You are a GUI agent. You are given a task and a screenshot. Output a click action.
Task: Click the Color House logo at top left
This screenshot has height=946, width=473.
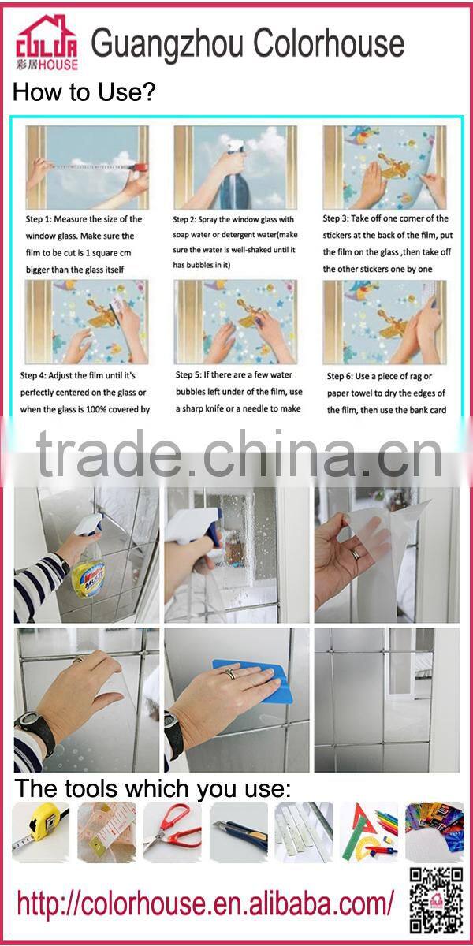47,43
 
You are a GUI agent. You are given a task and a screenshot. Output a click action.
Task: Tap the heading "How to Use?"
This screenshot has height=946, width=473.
84,93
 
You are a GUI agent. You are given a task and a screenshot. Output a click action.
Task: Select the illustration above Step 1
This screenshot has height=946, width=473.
87,166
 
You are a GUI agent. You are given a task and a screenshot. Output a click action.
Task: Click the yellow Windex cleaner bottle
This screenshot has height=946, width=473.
87,572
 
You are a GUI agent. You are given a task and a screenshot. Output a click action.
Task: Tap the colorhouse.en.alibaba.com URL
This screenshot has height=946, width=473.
205,902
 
